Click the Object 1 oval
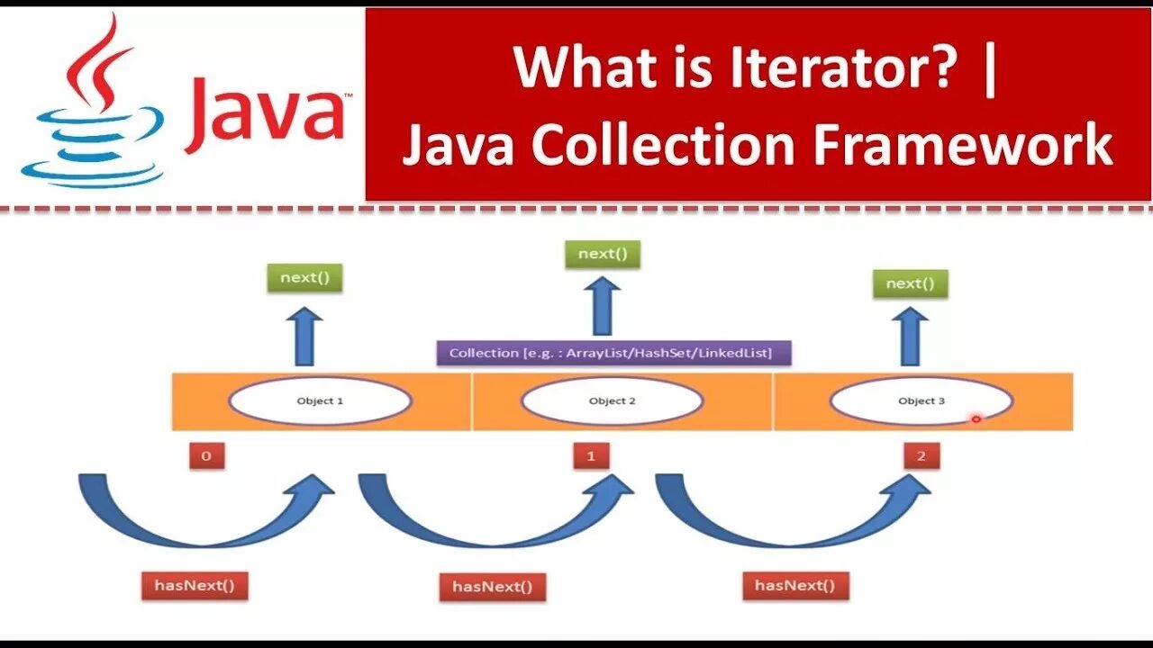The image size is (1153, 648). click(x=320, y=400)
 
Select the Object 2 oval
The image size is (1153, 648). click(x=612, y=400)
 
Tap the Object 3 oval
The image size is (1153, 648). click(x=921, y=400)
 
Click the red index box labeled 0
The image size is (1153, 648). click(x=206, y=455)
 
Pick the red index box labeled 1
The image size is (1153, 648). click(x=591, y=455)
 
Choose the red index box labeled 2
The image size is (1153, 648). click(x=921, y=455)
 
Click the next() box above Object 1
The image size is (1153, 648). click(x=305, y=277)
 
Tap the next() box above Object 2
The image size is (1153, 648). click(x=602, y=254)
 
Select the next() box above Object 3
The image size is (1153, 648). click(x=910, y=283)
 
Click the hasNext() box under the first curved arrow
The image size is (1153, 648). click(x=195, y=586)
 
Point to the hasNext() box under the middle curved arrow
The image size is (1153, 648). click(x=493, y=588)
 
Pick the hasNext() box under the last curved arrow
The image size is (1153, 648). click(x=795, y=586)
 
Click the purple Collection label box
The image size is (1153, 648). click(x=613, y=353)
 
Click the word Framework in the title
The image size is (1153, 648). click(x=963, y=147)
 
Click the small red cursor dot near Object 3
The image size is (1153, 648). click(x=976, y=418)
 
